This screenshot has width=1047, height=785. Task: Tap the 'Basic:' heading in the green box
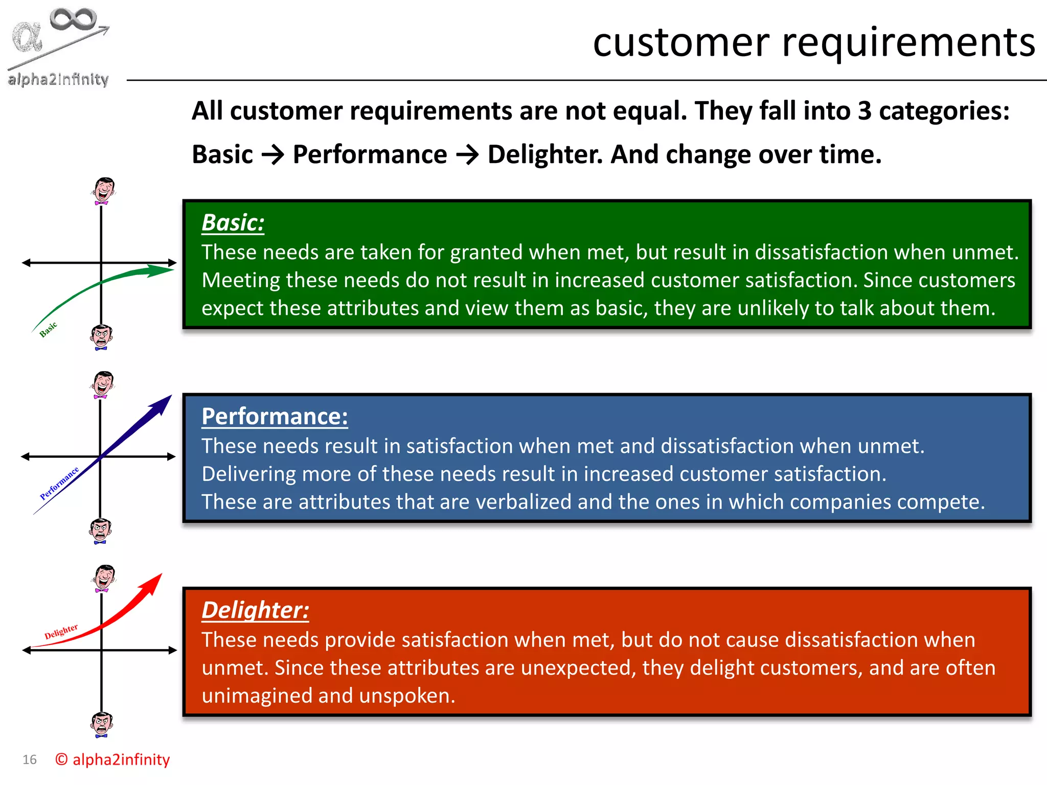[233, 223]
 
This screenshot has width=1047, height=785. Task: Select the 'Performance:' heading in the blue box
[275, 417]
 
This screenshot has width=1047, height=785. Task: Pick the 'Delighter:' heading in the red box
[255, 610]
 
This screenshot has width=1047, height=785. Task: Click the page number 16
[30, 760]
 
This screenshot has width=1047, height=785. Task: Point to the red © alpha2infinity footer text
[112, 760]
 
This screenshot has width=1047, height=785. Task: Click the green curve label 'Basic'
[49, 330]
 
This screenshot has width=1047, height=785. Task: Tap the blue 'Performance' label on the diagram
[59, 483]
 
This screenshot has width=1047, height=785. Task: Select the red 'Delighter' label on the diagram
[61, 632]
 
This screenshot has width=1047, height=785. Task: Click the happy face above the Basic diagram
[104, 191]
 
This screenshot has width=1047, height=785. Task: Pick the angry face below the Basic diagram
[102, 337]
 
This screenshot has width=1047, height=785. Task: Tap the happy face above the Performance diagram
[103, 384]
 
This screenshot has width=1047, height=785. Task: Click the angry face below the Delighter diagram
[102, 725]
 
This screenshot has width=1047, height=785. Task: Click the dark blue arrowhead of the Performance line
[163, 404]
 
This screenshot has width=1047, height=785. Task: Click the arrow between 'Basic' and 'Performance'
[272, 155]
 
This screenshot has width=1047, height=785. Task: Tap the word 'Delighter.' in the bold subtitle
[545, 155]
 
